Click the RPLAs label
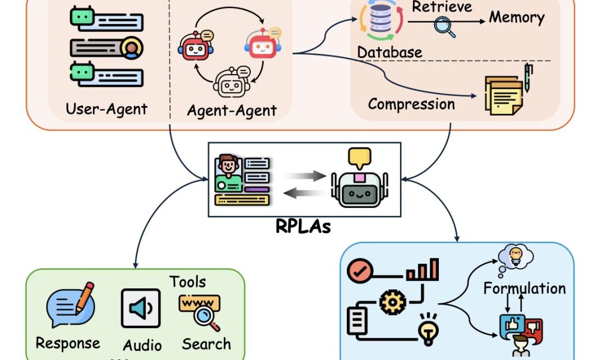click(x=303, y=227)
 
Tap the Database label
click(x=389, y=52)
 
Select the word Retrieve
click(x=442, y=7)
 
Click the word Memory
click(x=516, y=17)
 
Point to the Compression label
click(x=411, y=104)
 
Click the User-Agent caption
click(x=107, y=108)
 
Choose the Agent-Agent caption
click(x=232, y=110)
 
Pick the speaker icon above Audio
click(x=141, y=308)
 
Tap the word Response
click(x=67, y=343)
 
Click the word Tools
click(x=187, y=281)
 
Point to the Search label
click(x=206, y=344)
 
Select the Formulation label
click(x=525, y=289)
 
